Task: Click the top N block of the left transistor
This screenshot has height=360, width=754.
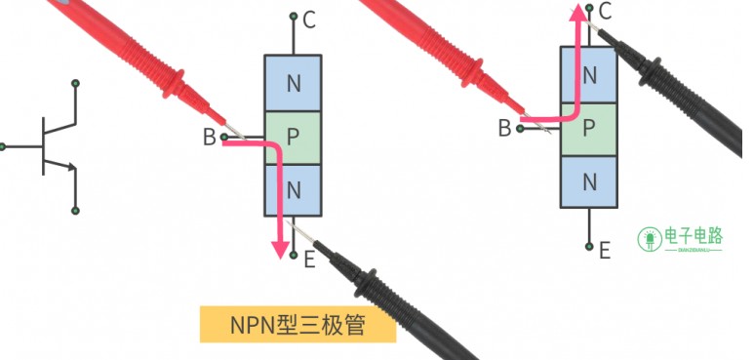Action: coord(294,83)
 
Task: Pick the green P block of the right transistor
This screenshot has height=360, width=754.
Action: coord(589,128)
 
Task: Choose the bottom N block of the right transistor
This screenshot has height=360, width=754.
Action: coord(589,180)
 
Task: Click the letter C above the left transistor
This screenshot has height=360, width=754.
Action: coord(309,20)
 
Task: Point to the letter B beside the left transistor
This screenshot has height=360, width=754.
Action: coord(209,138)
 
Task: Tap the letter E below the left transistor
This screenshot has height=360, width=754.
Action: coord(309,259)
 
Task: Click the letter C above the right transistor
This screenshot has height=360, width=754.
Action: coord(605,12)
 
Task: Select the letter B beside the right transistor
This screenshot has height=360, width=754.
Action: coord(504,128)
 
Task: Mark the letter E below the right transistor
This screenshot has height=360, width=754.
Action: coord(604,251)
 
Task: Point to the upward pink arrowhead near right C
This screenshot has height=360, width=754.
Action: coord(577,12)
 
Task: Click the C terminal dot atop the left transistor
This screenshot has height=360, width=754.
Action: coord(294,17)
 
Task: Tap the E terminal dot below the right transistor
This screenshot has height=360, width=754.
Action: coord(589,245)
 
